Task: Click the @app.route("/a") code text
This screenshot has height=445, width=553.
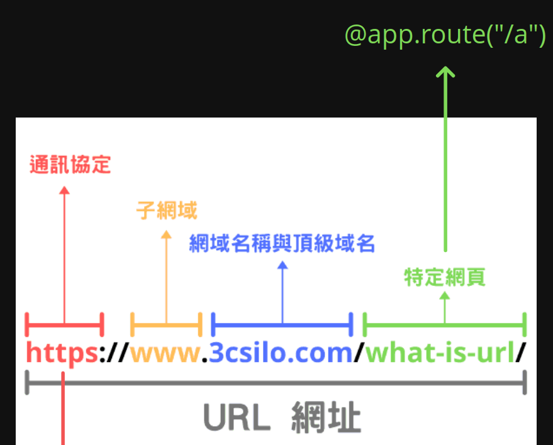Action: coord(445,35)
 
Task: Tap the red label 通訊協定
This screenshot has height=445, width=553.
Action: coord(70,165)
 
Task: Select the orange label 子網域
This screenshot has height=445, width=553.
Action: coord(167,211)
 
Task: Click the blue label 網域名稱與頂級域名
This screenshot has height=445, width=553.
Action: coord(282,243)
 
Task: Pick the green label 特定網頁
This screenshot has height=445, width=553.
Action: coord(445,277)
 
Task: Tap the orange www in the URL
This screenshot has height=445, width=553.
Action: coord(165,353)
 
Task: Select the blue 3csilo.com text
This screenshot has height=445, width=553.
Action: coord(281,353)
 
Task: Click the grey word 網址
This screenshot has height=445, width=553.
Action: coord(326,418)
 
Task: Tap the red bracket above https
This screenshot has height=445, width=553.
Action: coord(64,324)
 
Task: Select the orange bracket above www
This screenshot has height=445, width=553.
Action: coord(166,324)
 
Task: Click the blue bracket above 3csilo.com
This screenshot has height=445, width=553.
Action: coord(282,325)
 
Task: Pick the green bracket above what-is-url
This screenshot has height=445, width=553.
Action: coord(445,325)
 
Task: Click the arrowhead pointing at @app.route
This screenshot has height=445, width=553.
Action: coord(445,72)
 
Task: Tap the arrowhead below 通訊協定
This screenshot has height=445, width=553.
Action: coord(64,190)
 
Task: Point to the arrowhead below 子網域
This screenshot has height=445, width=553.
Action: coord(166,235)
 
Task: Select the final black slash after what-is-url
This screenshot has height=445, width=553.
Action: coord(520,353)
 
